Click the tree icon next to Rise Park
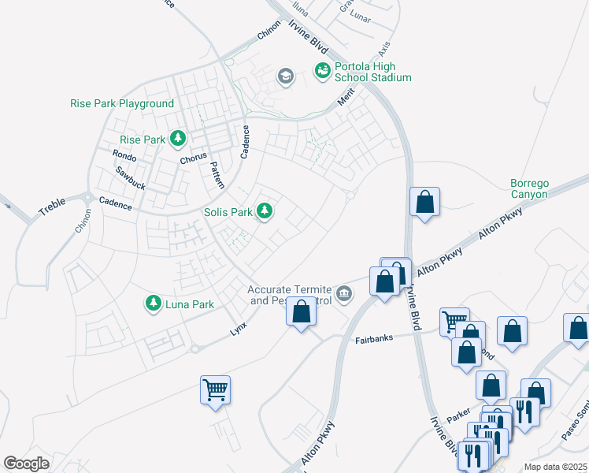[x=179, y=140]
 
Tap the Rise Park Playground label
[x=122, y=104]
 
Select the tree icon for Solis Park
[x=266, y=211]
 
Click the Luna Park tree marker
[x=153, y=303]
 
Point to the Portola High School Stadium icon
[x=322, y=72]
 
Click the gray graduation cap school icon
[x=285, y=76]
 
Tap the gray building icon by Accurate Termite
[x=344, y=294]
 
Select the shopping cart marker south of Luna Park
[x=215, y=389]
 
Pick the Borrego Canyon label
[x=529, y=189]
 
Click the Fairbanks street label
[x=375, y=338]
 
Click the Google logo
[x=27, y=464]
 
